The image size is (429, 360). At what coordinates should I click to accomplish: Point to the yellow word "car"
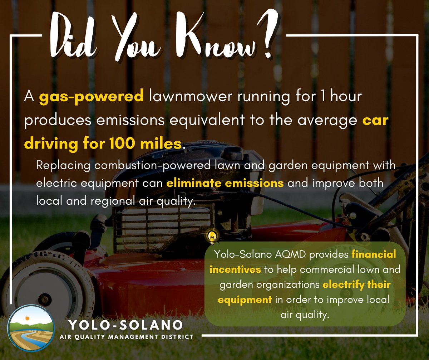point(375,121)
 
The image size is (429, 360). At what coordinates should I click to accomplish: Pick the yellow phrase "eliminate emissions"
point(225,183)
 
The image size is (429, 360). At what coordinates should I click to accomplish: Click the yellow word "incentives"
point(235,269)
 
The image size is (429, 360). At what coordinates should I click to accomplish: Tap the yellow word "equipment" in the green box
point(241,300)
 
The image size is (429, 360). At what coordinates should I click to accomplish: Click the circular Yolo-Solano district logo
point(31,329)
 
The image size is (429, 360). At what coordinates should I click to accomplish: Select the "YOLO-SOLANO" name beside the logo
point(125,326)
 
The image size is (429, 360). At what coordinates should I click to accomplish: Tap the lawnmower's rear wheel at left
point(46,283)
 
